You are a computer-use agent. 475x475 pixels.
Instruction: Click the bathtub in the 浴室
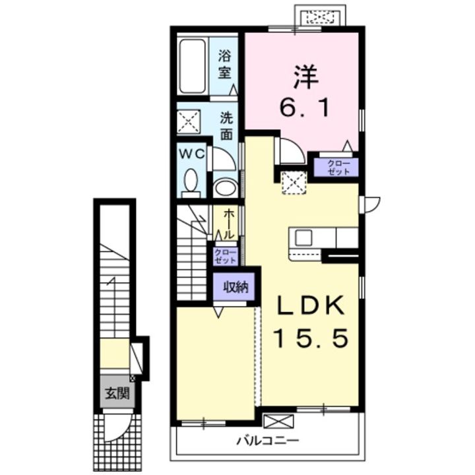point(193,66)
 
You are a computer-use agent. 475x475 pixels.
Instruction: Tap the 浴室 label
point(224,65)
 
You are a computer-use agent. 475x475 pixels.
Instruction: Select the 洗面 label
point(226,126)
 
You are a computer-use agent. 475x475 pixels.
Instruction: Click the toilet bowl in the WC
point(191,181)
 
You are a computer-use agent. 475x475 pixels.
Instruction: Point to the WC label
point(192,154)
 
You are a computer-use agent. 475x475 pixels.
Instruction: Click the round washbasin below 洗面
point(226,187)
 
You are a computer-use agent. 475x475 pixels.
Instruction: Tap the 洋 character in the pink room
point(305,77)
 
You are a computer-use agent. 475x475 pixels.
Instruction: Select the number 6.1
point(304,108)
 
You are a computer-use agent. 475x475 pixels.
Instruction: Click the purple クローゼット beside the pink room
point(336,167)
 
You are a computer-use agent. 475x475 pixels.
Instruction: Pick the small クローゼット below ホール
point(225,257)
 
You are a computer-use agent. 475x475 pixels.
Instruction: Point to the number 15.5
point(310,338)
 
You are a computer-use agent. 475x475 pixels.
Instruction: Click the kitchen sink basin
point(303,237)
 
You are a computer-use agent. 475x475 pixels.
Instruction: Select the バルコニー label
point(268,441)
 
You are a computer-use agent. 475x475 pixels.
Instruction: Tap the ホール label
point(229,224)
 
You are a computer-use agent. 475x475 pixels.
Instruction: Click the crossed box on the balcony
point(278,421)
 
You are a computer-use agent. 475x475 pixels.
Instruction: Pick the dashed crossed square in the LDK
point(294,182)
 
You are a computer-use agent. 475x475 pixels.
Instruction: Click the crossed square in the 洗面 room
point(189,121)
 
